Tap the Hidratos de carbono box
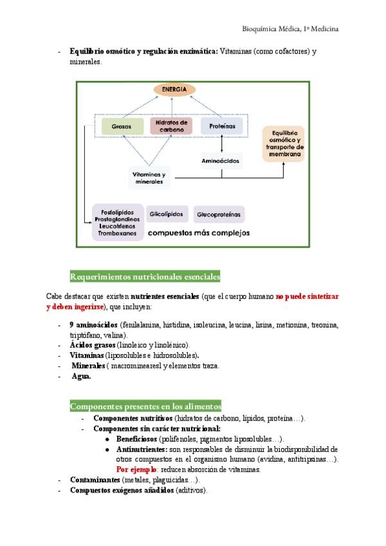pyautogui.click(x=171, y=126)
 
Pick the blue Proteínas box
pyautogui.click(x=222, y=127)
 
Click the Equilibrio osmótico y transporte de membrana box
pyautogui.click(x=283, y=144)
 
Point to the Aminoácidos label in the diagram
pyautogui.click(x=221, y=160)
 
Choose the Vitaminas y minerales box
pyautogui.click(x=149, y=178)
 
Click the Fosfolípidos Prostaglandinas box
pyautogui.click(x=117, y=221)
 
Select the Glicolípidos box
pyautogui.click(x=167, y=214)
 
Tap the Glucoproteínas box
pyautogui.click(x=219, y=214)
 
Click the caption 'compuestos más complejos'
pyautogui.click(x=199, y=232)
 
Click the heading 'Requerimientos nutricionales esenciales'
pyautogui.click(x=145, y=277)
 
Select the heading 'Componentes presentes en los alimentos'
pyautogui.click(x=145, y=406)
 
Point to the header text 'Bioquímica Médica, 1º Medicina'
pyautogui.click(x=290, y=29)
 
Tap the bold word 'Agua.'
pyautogui.click(x=81, y=376)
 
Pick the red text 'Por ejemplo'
pyautogui.click(x=136, y=469)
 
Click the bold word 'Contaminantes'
pyautogui.click(x=95, y=480)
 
